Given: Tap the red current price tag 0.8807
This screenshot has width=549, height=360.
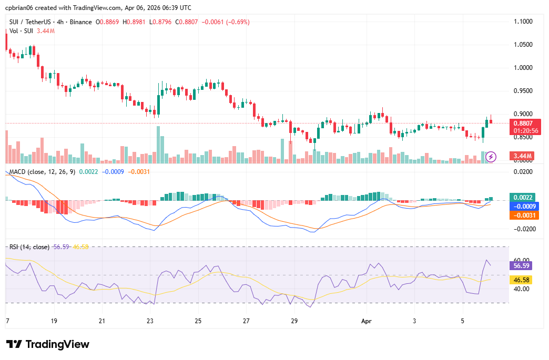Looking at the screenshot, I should coord(523,124).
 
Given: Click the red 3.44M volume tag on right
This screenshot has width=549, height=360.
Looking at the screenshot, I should coord(523,156).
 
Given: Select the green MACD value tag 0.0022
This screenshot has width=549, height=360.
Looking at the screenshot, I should coord(523,197).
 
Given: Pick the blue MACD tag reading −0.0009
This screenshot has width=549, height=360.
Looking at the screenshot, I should coord(523,206).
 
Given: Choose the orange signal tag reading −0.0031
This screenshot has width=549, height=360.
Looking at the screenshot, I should coord(523,215).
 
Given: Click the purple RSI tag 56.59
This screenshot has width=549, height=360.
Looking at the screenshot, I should coord(522,265).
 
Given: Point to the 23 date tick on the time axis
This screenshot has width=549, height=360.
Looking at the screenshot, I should coord(150,320).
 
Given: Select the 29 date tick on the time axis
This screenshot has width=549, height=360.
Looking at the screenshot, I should coord(294,320).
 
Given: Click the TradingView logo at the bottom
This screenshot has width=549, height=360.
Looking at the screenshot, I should coord(48,344).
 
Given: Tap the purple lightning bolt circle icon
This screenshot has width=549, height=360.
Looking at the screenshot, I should coord(491,156).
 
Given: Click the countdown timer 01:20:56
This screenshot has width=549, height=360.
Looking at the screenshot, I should coord(523,130).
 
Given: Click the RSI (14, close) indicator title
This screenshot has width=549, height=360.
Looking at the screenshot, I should coord(29,246).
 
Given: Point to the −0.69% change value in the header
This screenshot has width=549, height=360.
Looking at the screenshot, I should coord(237,22).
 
